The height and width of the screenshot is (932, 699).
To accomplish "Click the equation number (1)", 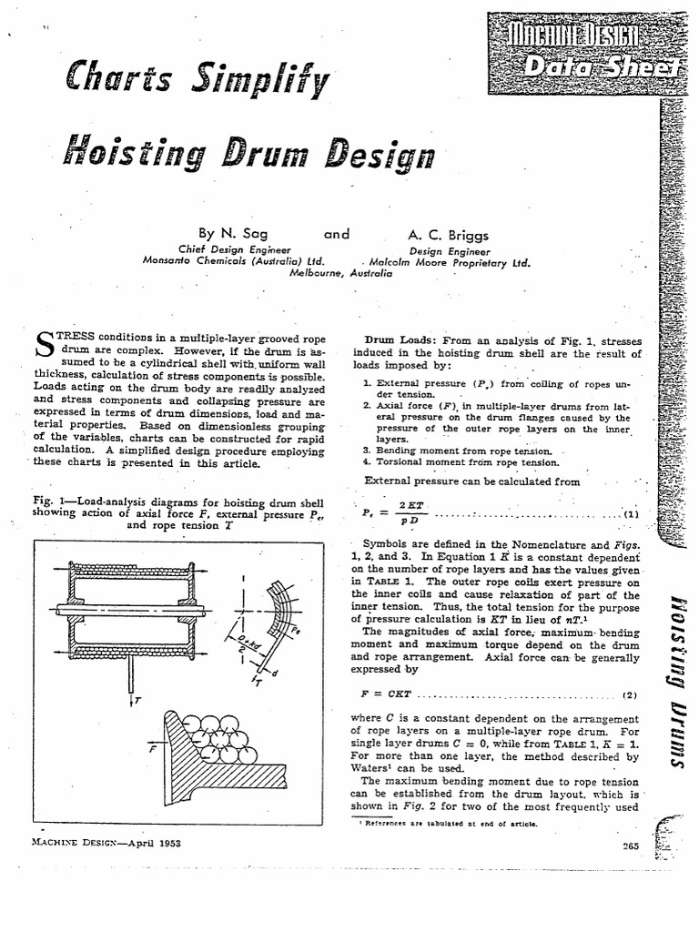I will click(x=631, y=513).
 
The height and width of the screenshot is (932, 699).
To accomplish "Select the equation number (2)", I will click(x=630, y=695).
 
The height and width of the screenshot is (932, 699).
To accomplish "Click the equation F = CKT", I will click(x=381, y=695).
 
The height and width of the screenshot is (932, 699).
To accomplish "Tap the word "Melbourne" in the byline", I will click(x=319, y=271).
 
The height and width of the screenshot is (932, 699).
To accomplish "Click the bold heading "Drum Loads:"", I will click(x=403, y=339).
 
